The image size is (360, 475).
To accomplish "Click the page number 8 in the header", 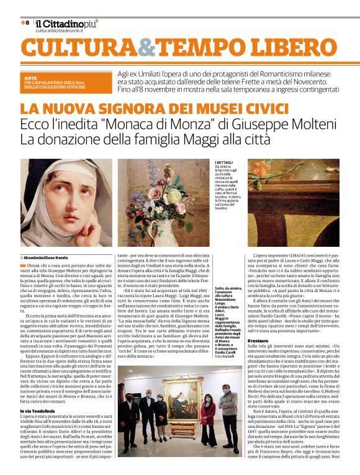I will pyautogui.click(x=25, y=22).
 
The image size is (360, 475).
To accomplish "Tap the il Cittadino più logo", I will pyautogui.click(x=66, y=23).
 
